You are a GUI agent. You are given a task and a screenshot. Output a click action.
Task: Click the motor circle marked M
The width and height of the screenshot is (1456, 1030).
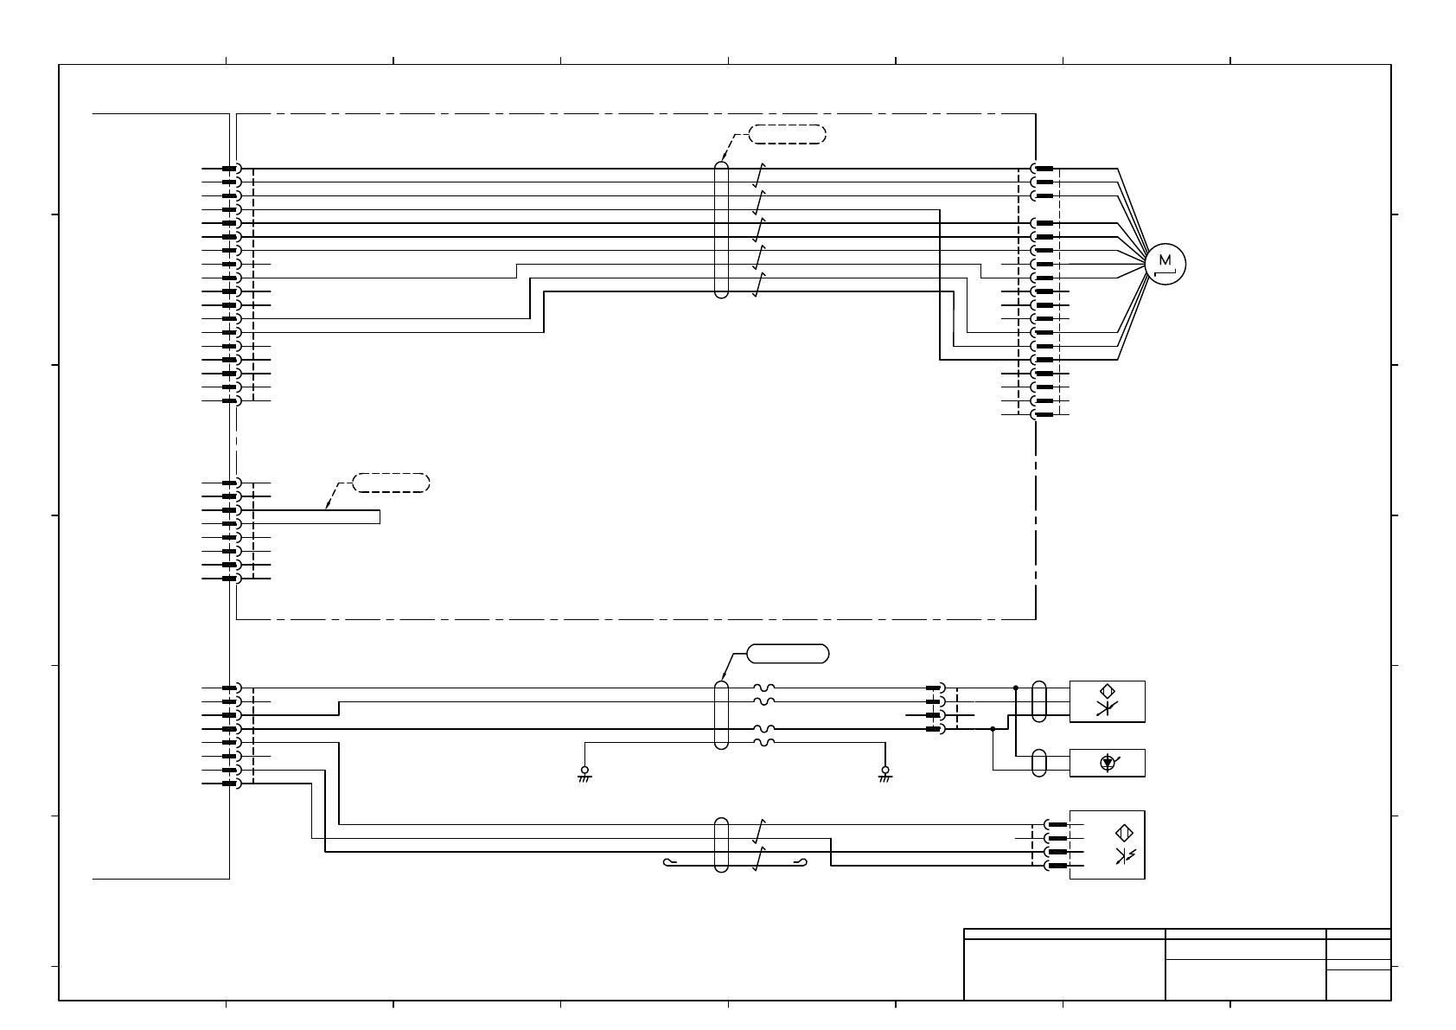point(1165,263)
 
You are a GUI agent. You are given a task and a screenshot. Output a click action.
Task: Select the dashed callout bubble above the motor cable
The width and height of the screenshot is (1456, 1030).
point(787,134)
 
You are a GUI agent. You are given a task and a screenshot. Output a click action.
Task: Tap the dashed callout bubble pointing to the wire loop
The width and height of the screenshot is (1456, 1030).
point(392,483)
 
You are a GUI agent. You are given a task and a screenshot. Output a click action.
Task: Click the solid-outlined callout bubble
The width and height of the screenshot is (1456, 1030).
point(788,653)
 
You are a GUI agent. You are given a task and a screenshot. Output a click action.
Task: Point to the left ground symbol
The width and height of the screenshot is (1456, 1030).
point(584,773)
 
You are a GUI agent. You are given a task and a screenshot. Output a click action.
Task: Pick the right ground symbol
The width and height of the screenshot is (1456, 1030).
point(884,773)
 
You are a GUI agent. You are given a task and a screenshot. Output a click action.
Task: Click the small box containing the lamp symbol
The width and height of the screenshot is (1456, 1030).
point(1107,763)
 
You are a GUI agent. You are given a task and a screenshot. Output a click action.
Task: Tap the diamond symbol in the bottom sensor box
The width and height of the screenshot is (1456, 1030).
point(1124,834)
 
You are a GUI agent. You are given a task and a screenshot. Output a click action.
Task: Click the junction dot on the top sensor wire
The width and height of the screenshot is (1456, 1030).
point(1016,688)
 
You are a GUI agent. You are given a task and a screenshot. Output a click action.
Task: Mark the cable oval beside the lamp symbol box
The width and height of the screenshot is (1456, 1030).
point(1040,763)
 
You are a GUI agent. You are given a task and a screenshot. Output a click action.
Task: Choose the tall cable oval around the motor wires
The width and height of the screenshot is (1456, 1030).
point(722,229)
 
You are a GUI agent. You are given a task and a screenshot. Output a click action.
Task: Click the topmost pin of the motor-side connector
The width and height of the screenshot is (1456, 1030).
point(1044,169)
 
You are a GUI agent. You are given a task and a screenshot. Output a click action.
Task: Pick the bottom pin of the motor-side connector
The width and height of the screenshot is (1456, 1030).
point(1044,414)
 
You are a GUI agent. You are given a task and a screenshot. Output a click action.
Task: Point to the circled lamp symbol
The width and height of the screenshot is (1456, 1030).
point(1108,763)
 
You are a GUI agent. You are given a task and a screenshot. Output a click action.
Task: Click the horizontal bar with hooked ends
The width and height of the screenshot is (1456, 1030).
point(735,863)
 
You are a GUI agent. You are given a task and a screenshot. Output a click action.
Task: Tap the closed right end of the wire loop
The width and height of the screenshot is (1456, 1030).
point(380,517)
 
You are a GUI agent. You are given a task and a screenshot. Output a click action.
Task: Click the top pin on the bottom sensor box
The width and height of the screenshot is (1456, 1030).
point(1055,824)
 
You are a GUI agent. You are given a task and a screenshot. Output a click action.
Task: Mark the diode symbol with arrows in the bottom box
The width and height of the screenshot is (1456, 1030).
point(1125,856)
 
